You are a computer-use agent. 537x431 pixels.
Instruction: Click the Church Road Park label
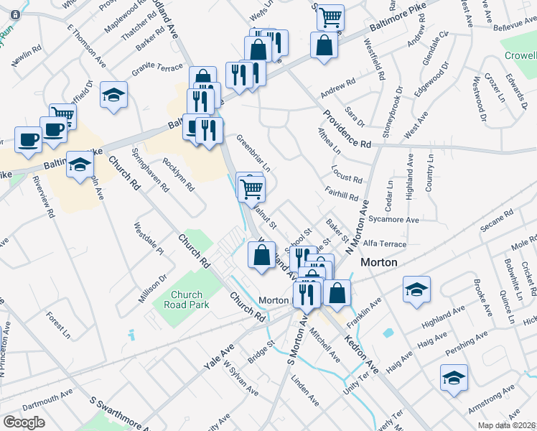pos(187,300)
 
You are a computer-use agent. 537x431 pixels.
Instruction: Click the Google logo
pos(24,422)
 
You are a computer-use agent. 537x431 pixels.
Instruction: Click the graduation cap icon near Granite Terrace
pos(113,96)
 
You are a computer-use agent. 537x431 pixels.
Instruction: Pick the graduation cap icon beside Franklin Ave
pos(416,289)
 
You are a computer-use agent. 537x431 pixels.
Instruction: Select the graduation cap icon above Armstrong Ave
pos(454,378)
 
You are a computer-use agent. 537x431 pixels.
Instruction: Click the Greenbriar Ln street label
pos(253,153)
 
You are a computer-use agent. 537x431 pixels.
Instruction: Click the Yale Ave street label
pos(218,356)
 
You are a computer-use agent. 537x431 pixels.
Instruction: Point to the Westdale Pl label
pos(149,241)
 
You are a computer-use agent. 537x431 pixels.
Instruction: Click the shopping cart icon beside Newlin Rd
pos(63,115)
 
